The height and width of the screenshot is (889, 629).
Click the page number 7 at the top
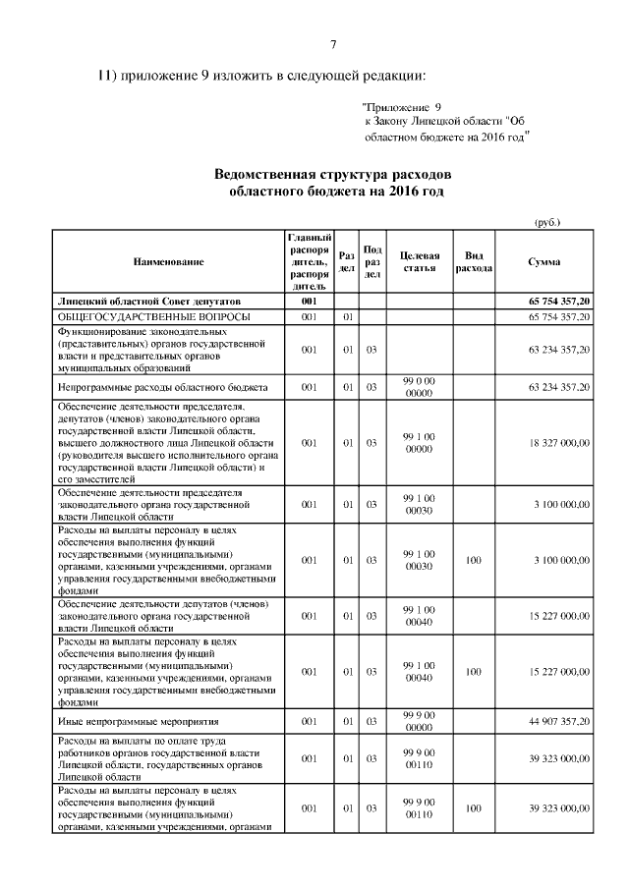333,45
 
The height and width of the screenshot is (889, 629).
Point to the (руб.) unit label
546,222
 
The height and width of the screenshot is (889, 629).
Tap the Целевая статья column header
419,261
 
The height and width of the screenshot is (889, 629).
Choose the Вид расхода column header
473,261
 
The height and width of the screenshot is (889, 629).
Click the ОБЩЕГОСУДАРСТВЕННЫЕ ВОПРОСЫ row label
153,316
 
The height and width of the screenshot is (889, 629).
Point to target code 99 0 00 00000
419,387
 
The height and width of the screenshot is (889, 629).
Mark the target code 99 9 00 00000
419,722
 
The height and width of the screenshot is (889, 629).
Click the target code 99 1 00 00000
419,443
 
